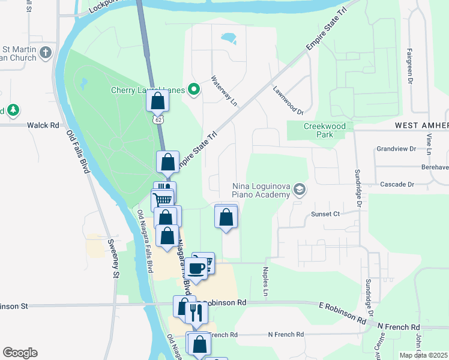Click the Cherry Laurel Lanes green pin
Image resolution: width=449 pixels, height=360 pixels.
click(194, 91)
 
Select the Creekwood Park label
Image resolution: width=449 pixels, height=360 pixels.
click(325, 131)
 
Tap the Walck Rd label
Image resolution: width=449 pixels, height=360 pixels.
click(44, 125)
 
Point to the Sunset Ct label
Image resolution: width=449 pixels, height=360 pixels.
click(325, 214)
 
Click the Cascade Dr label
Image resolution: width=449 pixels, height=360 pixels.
click(394, 184)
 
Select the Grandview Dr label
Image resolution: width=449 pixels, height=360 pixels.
click(396, 148)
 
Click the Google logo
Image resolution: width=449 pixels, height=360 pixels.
click(20, 353)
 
